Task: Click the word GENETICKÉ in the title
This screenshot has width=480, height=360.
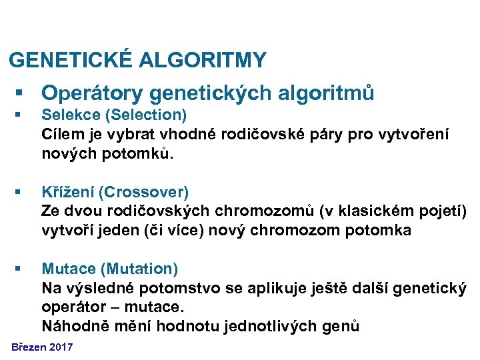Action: point(71,61)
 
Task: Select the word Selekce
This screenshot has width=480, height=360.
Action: point(67,115)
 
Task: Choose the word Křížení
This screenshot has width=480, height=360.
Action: point(67,193)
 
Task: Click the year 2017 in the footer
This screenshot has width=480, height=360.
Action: point(61,347)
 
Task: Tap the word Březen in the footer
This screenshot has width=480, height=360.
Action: point(29,347)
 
